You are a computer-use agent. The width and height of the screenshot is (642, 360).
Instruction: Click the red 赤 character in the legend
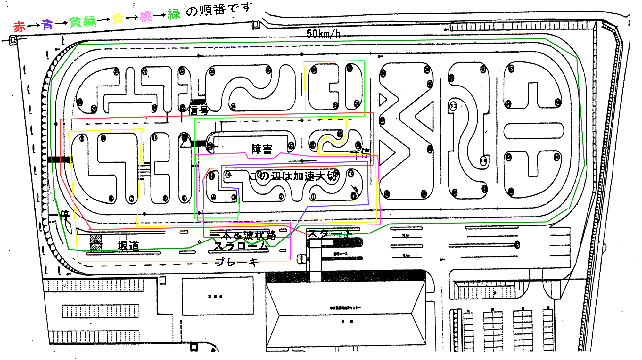tap(19, 27)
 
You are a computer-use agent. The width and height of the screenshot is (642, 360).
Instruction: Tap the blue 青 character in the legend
tap(47, 24)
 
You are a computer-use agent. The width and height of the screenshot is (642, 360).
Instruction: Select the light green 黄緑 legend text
tap(83, 22)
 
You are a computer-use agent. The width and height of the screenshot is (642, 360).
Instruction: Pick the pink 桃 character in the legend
tap(145, 17)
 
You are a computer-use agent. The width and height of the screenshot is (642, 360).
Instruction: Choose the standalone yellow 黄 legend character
tap(118, 19)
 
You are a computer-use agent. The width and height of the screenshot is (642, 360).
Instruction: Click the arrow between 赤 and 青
tap(33, 25)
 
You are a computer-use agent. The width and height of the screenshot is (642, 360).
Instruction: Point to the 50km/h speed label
tap(323, 33)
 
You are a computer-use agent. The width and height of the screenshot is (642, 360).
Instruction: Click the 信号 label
tap(198, 110)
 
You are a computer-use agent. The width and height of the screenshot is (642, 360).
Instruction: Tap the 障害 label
tap(262, 149)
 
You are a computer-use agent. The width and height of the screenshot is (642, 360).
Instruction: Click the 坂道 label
tap(128, 246)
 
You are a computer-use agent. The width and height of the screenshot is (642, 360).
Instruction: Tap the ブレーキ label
tap(237, 262)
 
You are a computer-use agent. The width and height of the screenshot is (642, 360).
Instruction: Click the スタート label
tap(330, 233)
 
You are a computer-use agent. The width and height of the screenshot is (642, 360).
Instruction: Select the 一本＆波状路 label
tap(243, 235)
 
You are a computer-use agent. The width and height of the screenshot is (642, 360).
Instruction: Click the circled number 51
tap(453, 106)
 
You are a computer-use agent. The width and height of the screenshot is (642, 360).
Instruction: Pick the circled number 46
tap(483, 161)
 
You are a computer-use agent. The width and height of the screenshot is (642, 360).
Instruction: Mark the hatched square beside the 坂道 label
tap(96, 242)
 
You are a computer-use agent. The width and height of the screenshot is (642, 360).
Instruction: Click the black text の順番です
tap(219, 10)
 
